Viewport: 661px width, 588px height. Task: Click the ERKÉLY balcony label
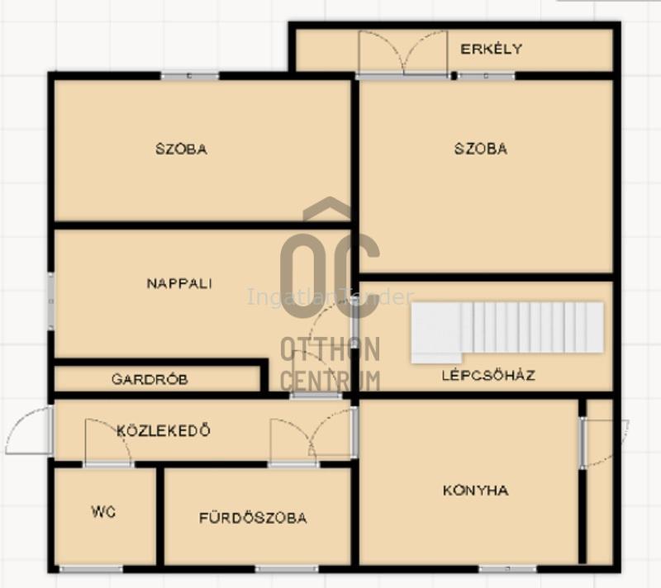pos(491,49)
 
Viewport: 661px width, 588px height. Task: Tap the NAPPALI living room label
pos(179,283)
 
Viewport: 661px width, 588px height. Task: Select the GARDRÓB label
pos(150,379)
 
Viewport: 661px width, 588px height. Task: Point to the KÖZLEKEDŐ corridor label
pos(163,430)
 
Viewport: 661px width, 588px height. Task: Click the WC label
pos(103,511)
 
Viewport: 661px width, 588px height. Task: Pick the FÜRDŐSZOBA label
pos(253,518)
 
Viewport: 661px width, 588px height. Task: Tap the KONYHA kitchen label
pos(476,491)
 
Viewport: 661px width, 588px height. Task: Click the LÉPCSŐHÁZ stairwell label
pos(488,375)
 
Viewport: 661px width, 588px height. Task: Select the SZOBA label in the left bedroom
pos(181,149)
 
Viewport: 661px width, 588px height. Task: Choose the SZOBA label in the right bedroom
pos(481,149)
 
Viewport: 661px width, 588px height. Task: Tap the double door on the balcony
pos(402,53)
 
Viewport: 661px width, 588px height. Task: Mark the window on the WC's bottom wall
pos(91,569)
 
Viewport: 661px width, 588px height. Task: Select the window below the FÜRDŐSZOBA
pos(287,569)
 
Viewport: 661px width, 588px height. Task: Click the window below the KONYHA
pos(507,569)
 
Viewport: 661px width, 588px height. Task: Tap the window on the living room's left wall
pos(50,301)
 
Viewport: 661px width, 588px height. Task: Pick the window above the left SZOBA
pos(190,76)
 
